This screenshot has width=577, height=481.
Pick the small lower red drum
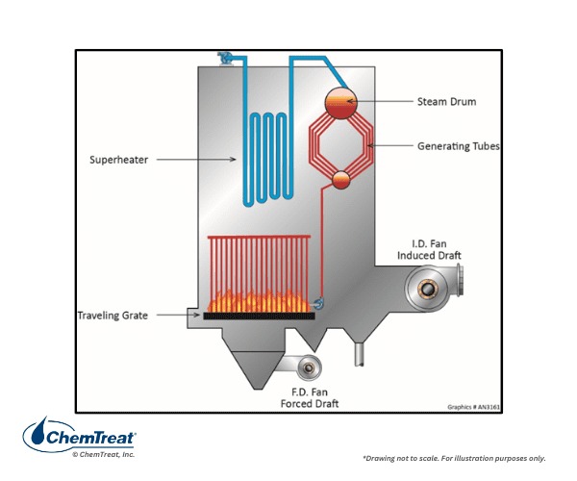click(340, 179)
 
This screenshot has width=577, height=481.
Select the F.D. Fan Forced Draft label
click(313, 398)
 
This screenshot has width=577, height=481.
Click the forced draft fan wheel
click(311, 367)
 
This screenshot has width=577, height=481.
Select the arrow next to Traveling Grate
click(177, 315)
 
